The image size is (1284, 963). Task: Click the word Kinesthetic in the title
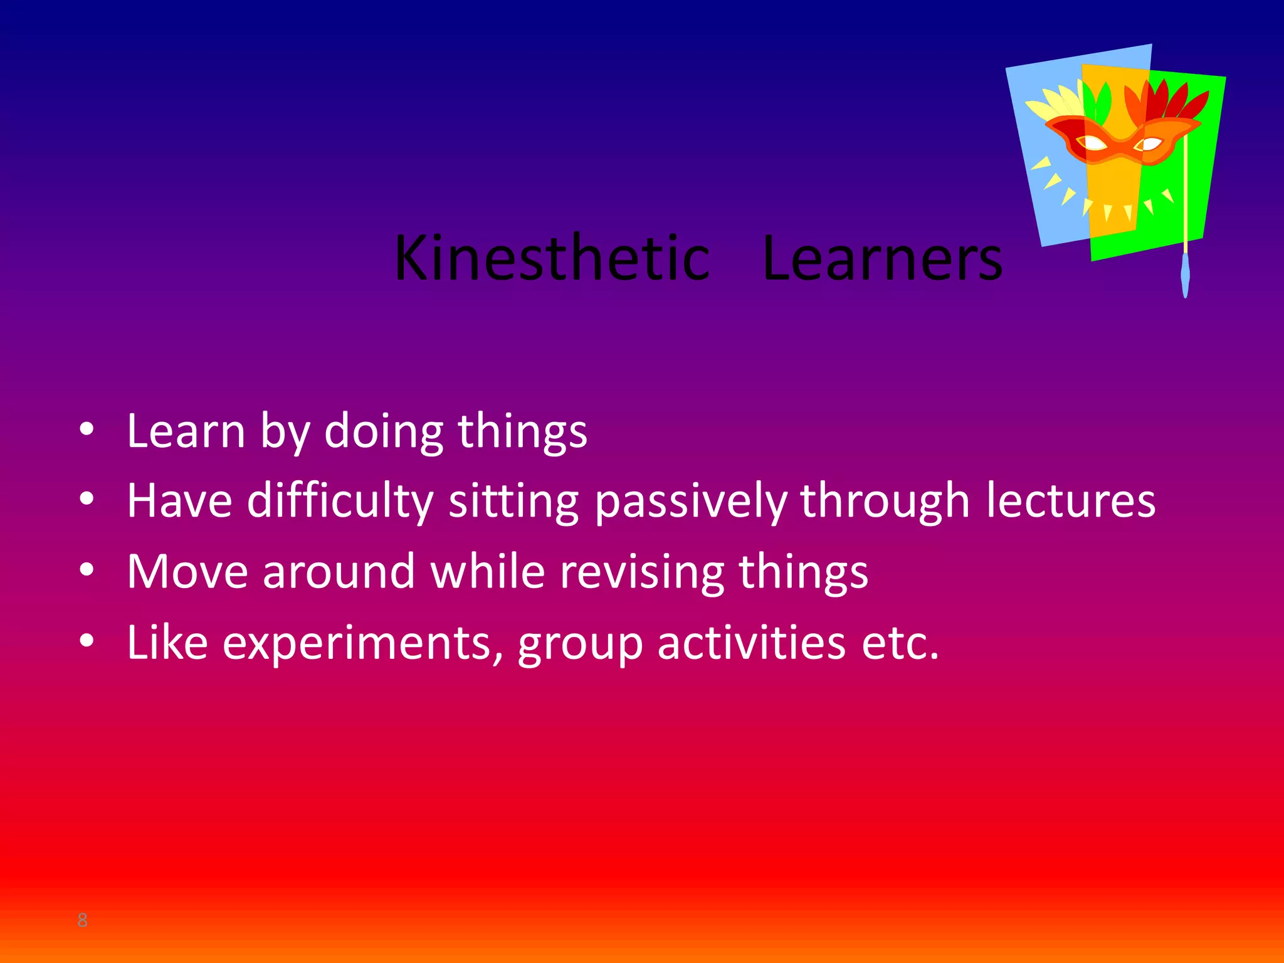click(552, 258)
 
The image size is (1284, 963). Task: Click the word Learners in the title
click(882, 258)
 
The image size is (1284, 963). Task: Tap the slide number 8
click(82, 920)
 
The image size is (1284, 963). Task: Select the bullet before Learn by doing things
click(87, 429)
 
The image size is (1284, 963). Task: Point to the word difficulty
click(340, 502)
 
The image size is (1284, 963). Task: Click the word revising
click(641, 572)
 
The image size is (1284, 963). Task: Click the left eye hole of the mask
click(1095, 144)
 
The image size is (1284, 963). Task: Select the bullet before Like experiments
click(87, 640)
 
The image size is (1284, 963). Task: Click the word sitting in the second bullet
click(514, 502)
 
